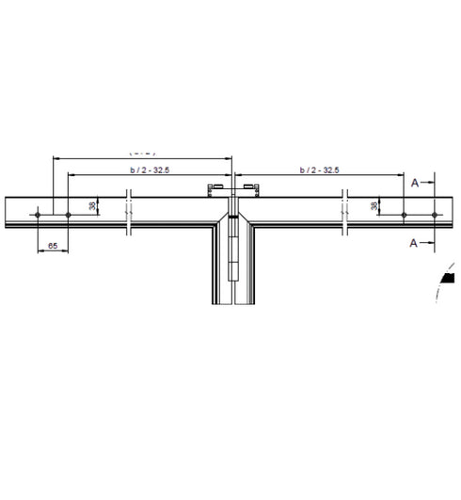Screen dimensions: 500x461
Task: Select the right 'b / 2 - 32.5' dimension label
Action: [319, 169]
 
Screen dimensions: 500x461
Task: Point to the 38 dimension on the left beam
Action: [92, 205]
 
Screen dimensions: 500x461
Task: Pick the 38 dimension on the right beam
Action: [375, 205]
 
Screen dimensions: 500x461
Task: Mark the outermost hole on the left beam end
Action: [37, 216]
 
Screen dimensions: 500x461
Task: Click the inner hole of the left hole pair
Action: [68, 216]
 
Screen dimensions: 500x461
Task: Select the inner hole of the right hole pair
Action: [403, 216]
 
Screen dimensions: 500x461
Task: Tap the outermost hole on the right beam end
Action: [434, 216]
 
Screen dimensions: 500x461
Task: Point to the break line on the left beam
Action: [130, 215]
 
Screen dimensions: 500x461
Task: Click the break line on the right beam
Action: [346, 215]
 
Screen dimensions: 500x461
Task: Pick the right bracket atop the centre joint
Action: [250, 193]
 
